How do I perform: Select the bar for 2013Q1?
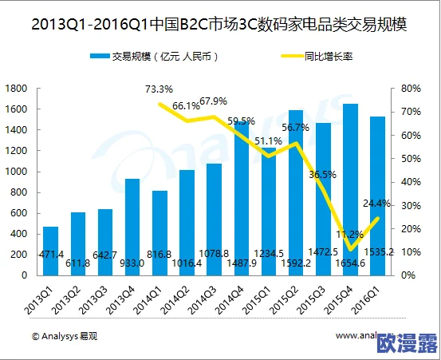coord(50,251)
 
